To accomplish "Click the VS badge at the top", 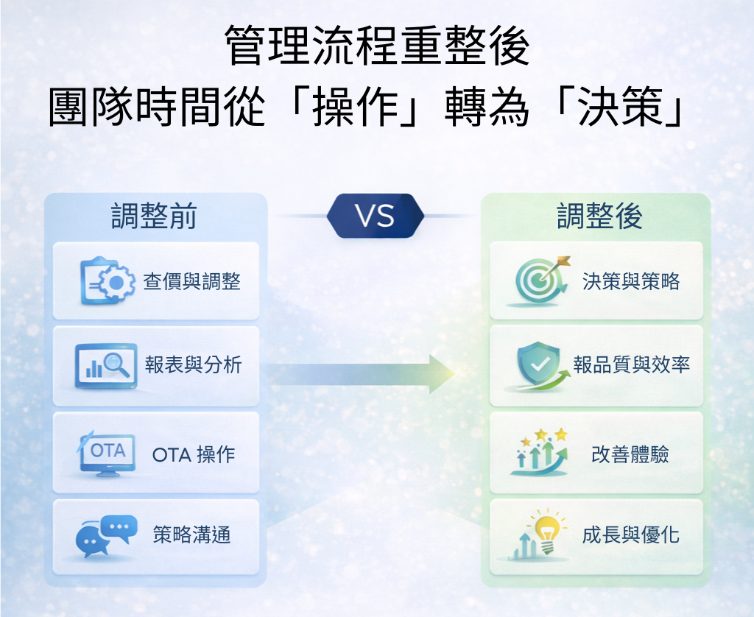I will pyautogui.click(x=375, y=216).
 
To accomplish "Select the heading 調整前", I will pyautogui.click(x=154, y=216).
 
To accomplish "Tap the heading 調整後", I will pyautogui.click(x=599, y=216).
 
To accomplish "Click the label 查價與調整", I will pyautogui.click(x=191, y=281).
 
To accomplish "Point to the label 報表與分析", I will pyautogui.click(x=193, y=365).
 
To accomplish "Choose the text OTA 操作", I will pyautogui.click(x=194, y=455).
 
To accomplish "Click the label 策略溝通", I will pyautogui.click(x=191, y=535).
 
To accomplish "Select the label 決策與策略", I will pyautogui.click(x=630, y=281).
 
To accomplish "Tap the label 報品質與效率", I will pyautogui.click(x=632, y=365).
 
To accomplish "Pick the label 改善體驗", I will pyautogui.click(x=630, y=454).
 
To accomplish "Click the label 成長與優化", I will pyautogui.click(x=630, y=535).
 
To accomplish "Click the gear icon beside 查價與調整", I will pyautogui.click(x=108, y=281).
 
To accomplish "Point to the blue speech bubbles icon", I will pyautogui.click(x=106, y=536).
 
